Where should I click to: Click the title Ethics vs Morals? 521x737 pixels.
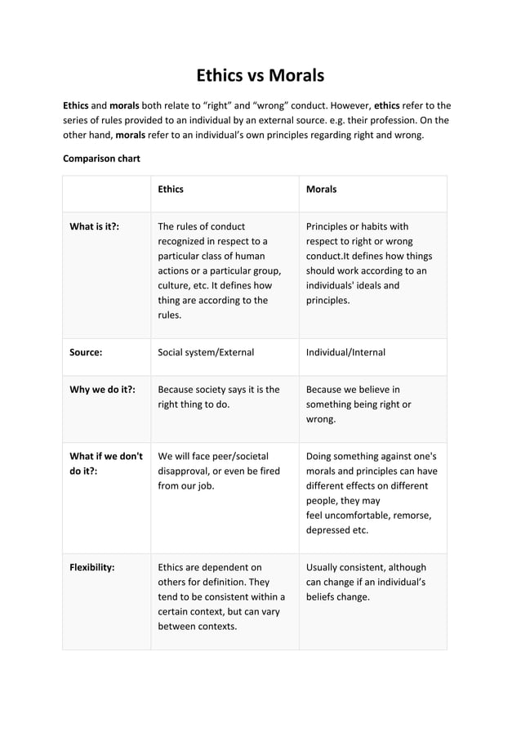pos(260,76)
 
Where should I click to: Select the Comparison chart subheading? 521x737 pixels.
pos(101,158)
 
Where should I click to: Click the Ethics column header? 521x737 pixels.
pos(170,189)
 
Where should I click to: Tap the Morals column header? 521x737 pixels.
pos(321,189)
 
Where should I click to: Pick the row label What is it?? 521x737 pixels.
pos(94,226)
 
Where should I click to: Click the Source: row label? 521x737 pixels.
pos(86,352)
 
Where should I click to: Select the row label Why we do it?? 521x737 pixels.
pos(102,390)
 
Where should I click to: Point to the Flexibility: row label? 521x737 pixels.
pos(91,567)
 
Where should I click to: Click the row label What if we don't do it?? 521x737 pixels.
pos(106,464)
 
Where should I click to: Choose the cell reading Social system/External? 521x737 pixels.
pos(205,352)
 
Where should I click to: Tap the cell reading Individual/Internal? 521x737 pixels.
pos(345,352)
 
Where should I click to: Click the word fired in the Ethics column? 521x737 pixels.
pos(267,471)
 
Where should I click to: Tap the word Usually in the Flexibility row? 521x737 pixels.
pos(324,567)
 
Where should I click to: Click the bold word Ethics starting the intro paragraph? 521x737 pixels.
pos(76,105)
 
